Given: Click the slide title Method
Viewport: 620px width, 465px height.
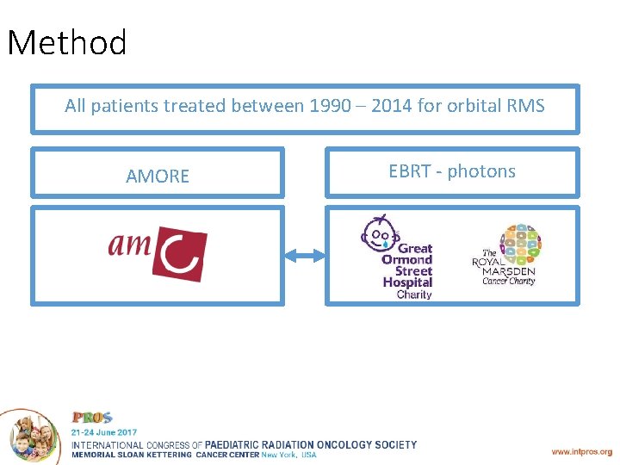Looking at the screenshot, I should tap(67, 43).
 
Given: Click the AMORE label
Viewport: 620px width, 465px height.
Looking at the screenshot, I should tap(158, 177).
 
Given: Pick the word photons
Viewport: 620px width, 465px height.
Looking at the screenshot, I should tap(481, 172).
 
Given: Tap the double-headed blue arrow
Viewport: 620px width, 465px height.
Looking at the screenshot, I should tap(303, 255).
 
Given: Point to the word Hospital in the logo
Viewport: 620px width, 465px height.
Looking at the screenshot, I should tap(407, 282).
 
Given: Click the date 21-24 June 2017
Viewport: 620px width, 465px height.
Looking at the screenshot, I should tap(103, 431).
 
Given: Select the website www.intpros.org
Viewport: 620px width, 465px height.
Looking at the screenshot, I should tap(581, 451).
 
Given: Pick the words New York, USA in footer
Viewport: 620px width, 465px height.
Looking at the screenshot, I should tap(288, 455).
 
